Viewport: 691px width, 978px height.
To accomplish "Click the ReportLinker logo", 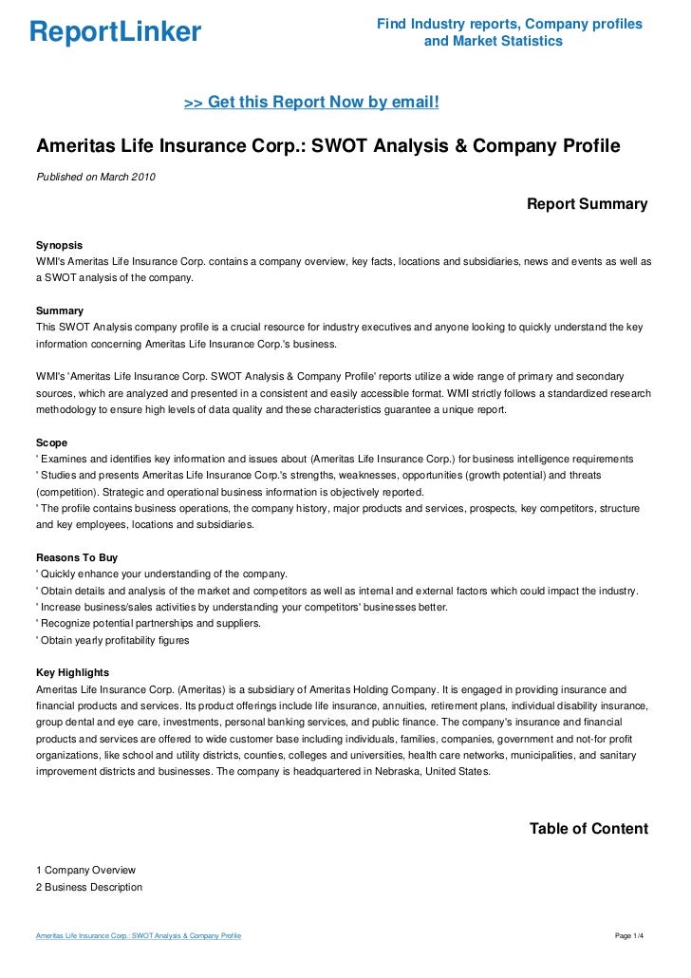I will pyautogui.click(x=115, y=32).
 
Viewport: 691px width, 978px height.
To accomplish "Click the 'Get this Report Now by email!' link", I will pyautogui.click(x=311, y=101).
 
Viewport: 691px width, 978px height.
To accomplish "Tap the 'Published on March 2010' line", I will pyautogui.click(x=95, y=177).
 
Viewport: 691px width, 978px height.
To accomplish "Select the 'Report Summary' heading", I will pyautogui.click(x=587, y=204).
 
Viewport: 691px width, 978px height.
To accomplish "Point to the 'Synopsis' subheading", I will pyautogui.click(x=59, y=244).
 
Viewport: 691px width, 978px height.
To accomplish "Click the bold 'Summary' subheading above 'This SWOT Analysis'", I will pyautogui.click(x=59, y=310).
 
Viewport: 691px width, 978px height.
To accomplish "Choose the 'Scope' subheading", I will pyautogui.click(x=51, y=442).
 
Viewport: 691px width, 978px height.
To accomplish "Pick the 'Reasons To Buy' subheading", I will pyautogui.click(x=76, y=558).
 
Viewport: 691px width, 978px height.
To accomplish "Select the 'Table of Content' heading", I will pyautogui.click(x=588, y=829).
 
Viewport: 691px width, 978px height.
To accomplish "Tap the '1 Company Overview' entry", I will pyautogui.click(x=85, y=870).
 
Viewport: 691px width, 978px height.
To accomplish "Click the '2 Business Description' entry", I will pyautogui.click(x=88, y=887).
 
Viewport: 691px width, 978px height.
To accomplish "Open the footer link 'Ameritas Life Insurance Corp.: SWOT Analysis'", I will pyautogui.click(x=139, y=936).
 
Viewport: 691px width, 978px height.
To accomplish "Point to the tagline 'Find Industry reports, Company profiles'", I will pyautogui.click(x=509, y=24).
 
